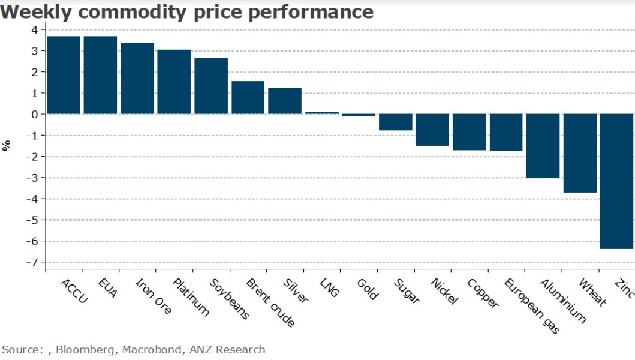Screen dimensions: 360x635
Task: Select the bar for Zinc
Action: click(x=616, y=181)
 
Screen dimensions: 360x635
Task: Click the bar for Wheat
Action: click(x=580, y=153)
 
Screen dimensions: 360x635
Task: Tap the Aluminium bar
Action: click(x=543, y=146)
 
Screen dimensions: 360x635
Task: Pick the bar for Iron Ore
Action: click(x=137, y=78)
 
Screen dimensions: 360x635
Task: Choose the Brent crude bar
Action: click(x=248, y=97)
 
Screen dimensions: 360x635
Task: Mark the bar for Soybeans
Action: click(x=211, y=86)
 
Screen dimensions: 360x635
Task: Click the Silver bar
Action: click(x=285, y=101)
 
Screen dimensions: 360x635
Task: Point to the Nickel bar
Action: click(x=432, y=130)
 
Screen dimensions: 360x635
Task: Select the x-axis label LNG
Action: click(x=330, y=287)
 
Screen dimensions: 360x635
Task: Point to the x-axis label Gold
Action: click(x=367, y=289)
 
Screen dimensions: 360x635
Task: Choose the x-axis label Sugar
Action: click(x=407, y=290)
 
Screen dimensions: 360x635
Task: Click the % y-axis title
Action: click(x=7, y=145)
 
